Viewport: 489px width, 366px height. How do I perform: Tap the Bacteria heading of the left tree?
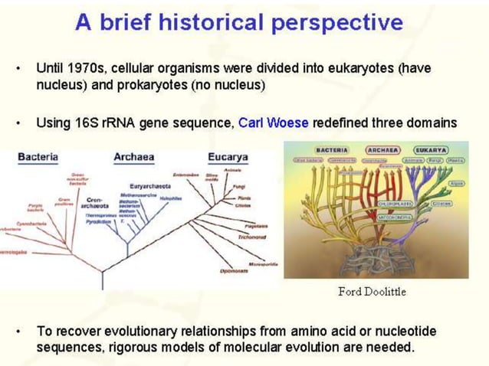point(38,157)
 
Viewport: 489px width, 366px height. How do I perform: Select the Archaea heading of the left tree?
point(133,157)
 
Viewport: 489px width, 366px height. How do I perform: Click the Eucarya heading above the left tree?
point(229,157)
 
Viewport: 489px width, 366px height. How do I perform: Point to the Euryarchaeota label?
point(149,185)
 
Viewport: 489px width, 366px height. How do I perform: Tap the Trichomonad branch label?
point(250,238)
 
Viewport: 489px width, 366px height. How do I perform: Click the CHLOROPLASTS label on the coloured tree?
point(398,204)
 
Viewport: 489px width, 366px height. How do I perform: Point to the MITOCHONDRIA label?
point(398,217)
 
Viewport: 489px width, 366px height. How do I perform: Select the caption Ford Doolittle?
point(372,291)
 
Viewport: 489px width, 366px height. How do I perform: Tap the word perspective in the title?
point(342,22)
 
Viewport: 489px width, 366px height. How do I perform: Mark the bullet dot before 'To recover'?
point(17,332)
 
